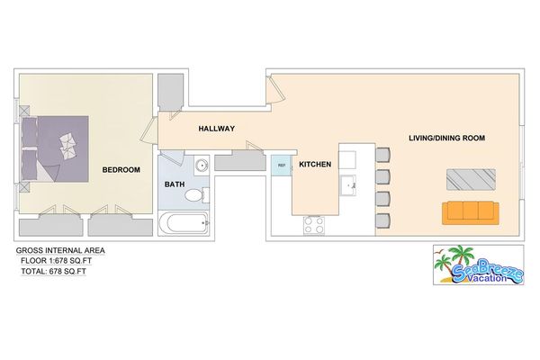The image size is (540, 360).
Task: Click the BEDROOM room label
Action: click(x=120, y=169)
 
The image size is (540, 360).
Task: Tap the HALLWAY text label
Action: click(x=216, y=129)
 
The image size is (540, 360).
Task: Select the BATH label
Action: click(x=175, y=185)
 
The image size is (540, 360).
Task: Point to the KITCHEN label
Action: click(x=316, y=165)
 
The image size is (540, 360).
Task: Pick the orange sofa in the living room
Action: click(x=469, y=212)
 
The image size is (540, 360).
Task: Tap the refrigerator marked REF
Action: click(x=281, y=166)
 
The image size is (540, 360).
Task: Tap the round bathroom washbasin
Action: click(x=201, y=166)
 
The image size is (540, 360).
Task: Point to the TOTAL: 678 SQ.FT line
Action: click(x=57, y=271)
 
